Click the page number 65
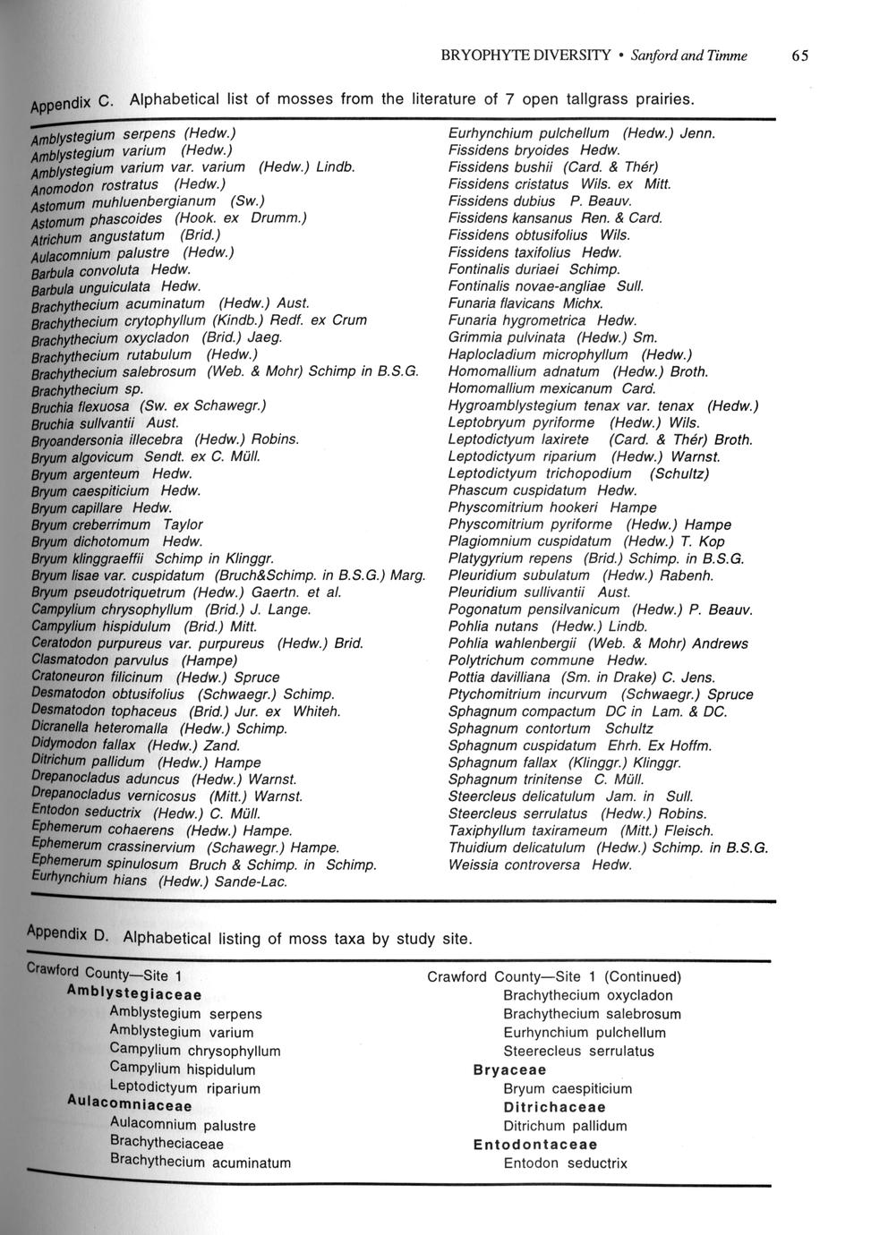[x=799, y=55]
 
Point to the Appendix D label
[x=68, y=933]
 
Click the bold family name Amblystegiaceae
[x=133, y=993]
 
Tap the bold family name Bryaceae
[x=509, y=1069]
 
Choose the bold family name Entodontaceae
[x=535, y=1145]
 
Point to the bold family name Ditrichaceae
[x=555, y=1107]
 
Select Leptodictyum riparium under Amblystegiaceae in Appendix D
[x=184, y=1088]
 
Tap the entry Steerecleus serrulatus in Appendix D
[x=578, y=1051]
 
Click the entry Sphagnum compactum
[x=522, y=711]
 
